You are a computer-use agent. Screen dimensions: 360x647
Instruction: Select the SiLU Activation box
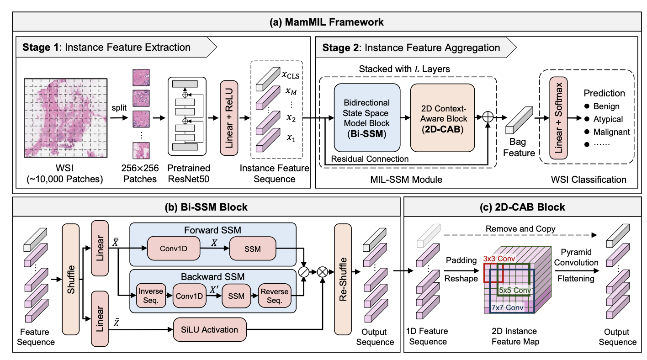click(x=210, y=329)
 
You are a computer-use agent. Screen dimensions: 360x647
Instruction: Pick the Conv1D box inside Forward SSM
click(x=167, y=248)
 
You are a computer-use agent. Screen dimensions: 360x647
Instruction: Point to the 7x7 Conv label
click(x=506, y=307)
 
